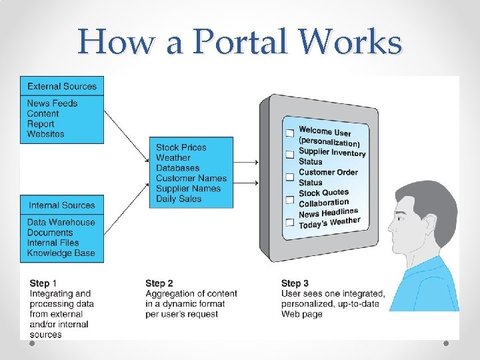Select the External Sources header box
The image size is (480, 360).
(62, 86)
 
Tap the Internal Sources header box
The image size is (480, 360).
(61, 205)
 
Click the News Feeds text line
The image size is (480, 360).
(52, 103)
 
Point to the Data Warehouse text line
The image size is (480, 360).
(61, 222)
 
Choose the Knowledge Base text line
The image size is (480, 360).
(61, 253)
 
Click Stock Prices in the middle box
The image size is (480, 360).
(181, 147)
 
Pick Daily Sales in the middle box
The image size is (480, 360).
(179, 199)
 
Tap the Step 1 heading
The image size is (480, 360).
(43, 283)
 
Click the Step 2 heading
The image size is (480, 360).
(159, 283)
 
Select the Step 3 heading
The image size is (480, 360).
(295, 283)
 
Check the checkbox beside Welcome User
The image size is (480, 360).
(289, 133)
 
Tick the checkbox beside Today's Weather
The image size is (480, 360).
(290, 222)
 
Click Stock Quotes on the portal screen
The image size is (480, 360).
(323, 193)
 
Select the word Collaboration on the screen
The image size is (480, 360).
(324, 203)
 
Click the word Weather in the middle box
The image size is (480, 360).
(173, 158)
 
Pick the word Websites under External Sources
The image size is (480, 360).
(45, 134)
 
